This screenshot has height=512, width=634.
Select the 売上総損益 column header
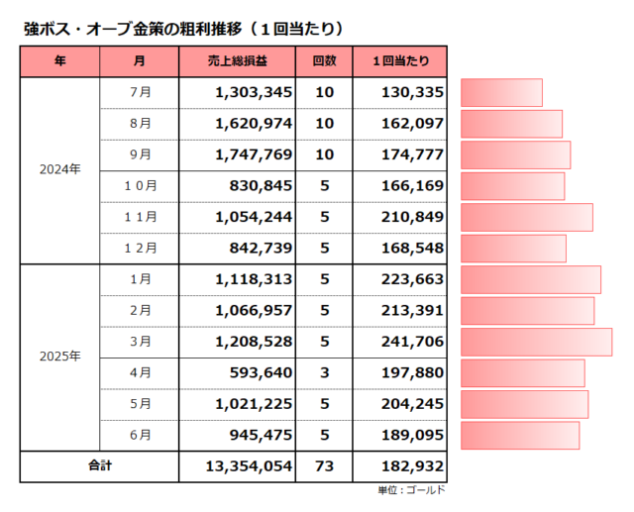237,61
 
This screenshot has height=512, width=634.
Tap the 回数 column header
324,61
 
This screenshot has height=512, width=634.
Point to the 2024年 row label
59,169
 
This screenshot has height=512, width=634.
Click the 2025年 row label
59,356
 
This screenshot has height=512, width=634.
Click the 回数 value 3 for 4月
324,372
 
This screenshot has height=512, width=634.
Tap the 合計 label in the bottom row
100,465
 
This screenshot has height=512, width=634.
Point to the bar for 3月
536,342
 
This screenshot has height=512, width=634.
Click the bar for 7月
501,93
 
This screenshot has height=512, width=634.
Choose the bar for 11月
527,217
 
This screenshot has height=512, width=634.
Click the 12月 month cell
140,248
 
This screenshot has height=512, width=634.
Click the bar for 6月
520,435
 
